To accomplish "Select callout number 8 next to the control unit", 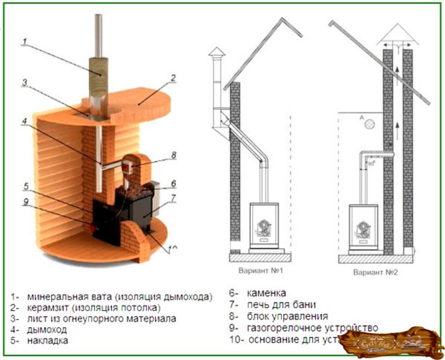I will point(173,154).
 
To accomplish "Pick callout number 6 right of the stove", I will point(173,183).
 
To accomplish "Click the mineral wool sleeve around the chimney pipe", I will point(103,68).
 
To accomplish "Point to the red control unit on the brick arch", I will point(129,162).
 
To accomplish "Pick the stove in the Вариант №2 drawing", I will point(364,227).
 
